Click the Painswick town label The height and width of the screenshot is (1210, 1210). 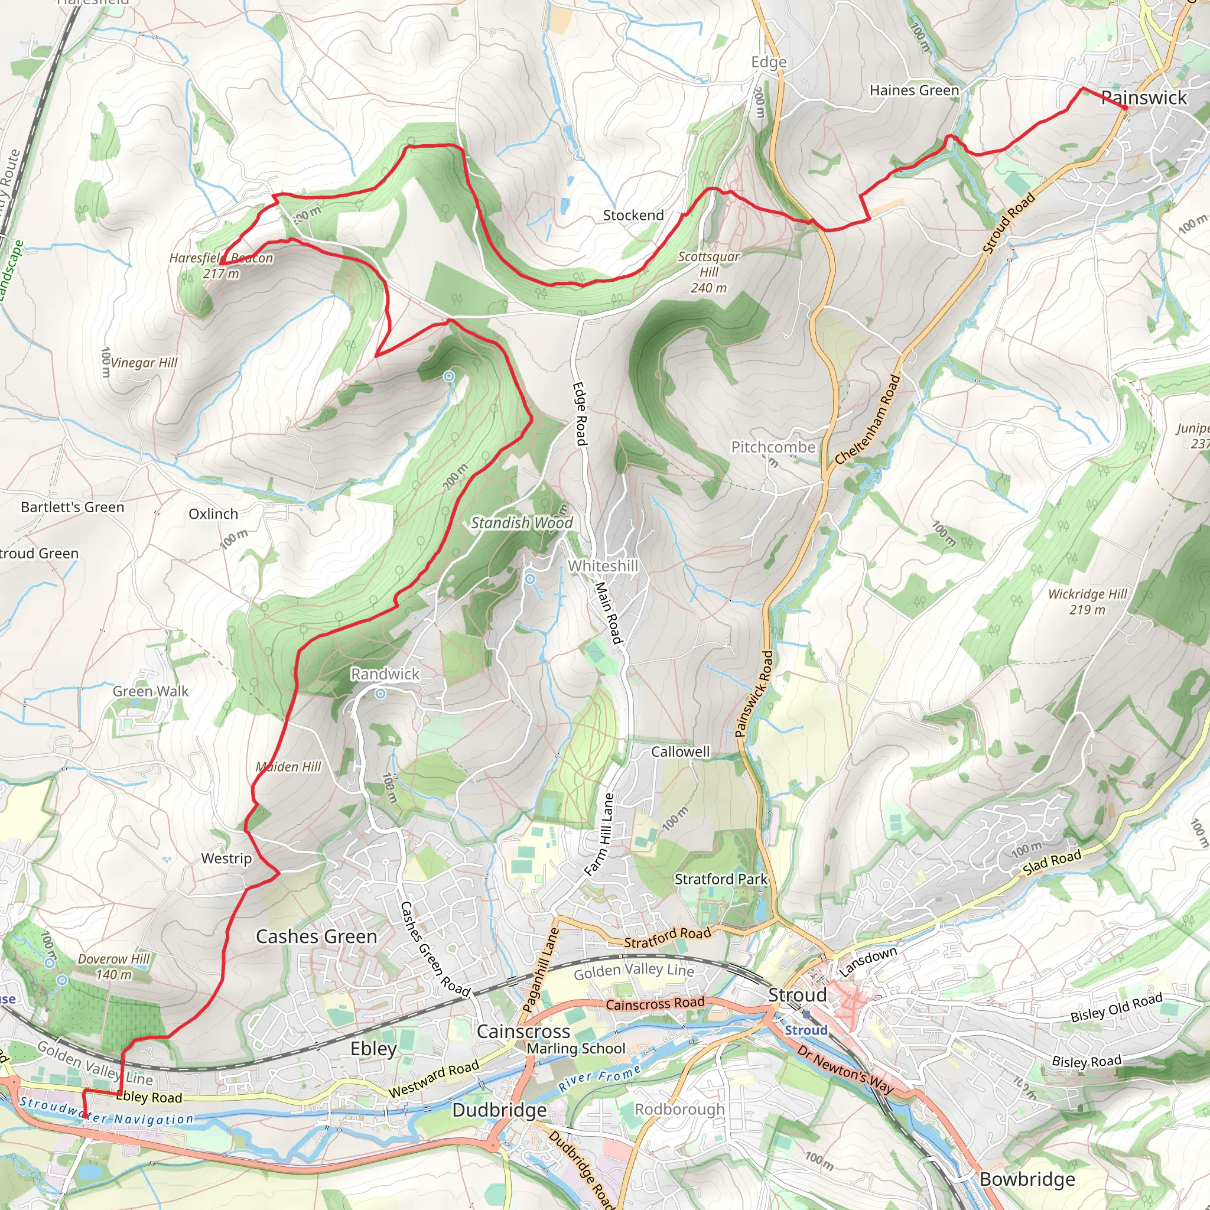pyautogui.click(x=1144, y=97)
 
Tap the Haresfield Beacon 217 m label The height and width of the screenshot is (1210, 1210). pyautogui.click(x=221, y=265)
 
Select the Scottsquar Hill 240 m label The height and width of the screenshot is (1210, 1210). pyautogui.click(x=708, y=272)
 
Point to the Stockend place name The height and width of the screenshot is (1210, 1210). pyautogui.click(x=633, y=216)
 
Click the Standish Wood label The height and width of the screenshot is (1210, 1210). pyautogui.click(x=522, y=523)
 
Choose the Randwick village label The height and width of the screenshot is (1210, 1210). pyautogui.click(x=385, y=674)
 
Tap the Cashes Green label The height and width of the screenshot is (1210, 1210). pyautogui.click(x=316, y=936)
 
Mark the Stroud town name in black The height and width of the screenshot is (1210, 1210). pyautogui.click(x=797, y=995)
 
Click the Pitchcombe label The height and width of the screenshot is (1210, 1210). pyautogui.click(x=773, y=447)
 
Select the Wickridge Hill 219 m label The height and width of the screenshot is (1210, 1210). pyautogui.click(x=1087, y=601)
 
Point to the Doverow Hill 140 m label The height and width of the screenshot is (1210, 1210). pyautogui.click(x=113, y=967)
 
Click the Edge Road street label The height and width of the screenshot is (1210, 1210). pyautogui.click(x=580, y=414)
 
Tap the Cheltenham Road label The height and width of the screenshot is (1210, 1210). pyautogui.click(x=868, y=419)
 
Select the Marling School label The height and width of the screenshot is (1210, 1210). pyautogui.click(x=575, y=1049)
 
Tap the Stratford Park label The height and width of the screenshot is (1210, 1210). pyautogui.click(x=720, y=879)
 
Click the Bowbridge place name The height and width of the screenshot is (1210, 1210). pyautogui.click(x=1026, y=1179)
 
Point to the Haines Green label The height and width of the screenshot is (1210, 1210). pyautogui.click(x=914, y=91)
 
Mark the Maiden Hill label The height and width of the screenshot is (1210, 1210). pyautogui.click(x=288, y=767)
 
